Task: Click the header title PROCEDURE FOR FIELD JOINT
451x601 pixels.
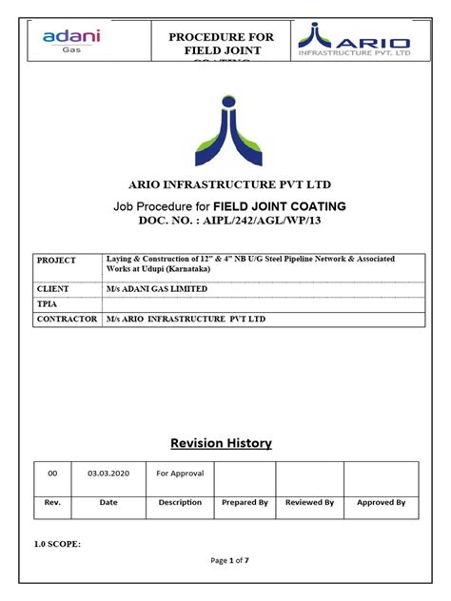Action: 221,44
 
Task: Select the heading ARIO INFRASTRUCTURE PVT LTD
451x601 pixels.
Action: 225,184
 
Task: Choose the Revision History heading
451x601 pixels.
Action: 221,443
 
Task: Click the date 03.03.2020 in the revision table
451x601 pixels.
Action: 108,473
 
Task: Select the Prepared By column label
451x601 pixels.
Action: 245,502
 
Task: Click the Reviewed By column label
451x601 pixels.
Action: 310,502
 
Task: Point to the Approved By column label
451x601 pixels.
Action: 381,502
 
